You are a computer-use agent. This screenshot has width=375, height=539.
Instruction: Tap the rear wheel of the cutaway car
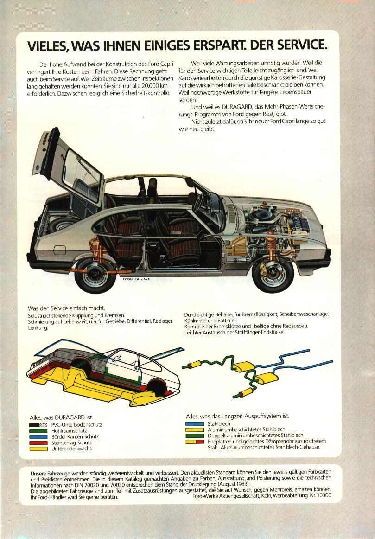[x=95, y=276]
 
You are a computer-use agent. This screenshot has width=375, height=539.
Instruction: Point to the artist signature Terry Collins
[x=136, y=279]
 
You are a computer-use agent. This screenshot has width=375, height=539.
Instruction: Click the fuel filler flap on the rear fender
[x=59, y=250]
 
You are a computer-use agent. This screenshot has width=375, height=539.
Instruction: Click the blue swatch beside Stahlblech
[x=195, y=424]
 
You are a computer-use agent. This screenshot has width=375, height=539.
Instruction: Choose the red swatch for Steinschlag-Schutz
[x=38, y=443]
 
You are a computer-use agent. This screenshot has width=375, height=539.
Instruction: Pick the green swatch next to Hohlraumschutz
[x=38, y=431]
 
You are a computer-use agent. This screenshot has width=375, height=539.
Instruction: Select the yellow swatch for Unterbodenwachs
[x=38, y=449]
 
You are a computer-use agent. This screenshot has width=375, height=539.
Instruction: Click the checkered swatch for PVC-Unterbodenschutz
[x=38, y=425]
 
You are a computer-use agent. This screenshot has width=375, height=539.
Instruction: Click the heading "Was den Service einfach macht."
[x=66, y=308]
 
